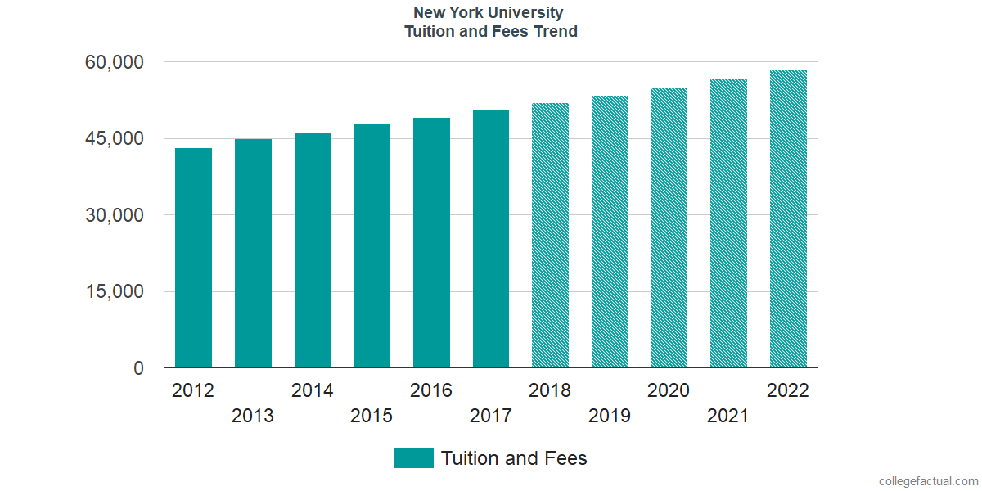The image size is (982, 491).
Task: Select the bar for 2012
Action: click(193, 258)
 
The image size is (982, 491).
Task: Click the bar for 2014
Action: click(313, 250)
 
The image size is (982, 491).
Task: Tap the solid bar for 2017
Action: click(491, 239)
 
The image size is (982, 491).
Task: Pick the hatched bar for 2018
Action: click(550, 236)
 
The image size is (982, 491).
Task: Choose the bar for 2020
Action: click(669, 227)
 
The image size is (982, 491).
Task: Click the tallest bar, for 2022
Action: click(788, 219)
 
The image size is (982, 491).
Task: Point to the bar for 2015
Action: click(372, 246)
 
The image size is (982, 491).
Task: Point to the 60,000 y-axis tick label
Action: click(114, 62)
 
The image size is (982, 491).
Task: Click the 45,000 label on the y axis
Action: click(114, 138)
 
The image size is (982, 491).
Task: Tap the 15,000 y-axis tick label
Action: click(114, 291)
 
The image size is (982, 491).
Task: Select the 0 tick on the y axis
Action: click(138, 368)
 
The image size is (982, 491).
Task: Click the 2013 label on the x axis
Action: click(253, 416)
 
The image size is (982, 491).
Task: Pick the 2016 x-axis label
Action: click(431, 390)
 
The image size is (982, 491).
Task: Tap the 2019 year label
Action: click(610, 416)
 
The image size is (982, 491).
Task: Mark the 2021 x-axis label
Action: click(727, 416)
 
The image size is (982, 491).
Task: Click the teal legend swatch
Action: click(414, 458)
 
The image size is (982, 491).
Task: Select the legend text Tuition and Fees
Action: click(514, 458)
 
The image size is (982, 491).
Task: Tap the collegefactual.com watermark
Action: click(929, 481)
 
